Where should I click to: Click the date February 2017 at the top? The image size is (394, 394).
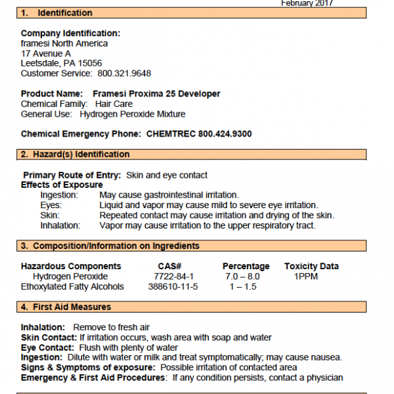pos(307,3)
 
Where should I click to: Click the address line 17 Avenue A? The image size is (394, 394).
pos(46,53)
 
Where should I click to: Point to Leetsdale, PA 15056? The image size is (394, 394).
pos(61,63)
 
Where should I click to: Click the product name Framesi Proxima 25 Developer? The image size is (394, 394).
pos(156,94)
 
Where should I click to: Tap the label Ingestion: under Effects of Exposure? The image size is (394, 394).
pos(59,195)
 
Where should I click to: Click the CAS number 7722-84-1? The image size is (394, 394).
pos(169,276)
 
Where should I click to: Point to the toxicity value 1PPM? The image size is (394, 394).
pos(306,276)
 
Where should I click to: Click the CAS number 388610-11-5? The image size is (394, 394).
pos(173,286)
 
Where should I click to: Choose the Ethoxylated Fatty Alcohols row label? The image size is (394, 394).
pos(72,286)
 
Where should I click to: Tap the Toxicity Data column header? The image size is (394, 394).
pos(311,266)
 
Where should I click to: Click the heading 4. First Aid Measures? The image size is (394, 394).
pos(66,307)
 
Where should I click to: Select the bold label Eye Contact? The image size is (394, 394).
pos(48,347)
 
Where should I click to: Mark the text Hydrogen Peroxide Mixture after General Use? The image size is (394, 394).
pos(133,114)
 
